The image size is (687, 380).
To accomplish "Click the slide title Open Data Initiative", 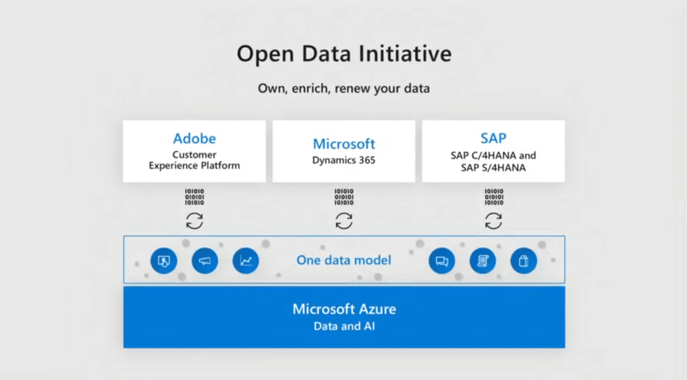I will pos(343,54).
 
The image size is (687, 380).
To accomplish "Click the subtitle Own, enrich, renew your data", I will pos(343,89).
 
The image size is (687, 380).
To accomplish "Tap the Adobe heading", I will pos(194,139).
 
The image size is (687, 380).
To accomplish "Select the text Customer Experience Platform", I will pos(194,160).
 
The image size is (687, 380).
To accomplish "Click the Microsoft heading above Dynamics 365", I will pos(343,144).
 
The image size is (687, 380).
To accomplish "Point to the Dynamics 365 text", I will pos(343,160).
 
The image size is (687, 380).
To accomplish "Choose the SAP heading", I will pos(493,139).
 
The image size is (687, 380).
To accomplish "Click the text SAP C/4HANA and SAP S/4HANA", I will pos(493,162).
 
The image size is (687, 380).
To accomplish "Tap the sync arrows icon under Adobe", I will pos(194,221).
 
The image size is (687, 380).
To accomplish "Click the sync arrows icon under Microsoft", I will pos(343,221).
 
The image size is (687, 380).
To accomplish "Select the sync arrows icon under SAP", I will pos(493,221).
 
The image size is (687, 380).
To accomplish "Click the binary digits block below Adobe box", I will pos(194,197).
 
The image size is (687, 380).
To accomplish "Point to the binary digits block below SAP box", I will pos(493,197).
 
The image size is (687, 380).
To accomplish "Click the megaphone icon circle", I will pos(205,261).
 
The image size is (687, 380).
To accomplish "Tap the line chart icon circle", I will pos(246,261).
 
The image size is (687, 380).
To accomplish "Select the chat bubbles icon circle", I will pos(442,261).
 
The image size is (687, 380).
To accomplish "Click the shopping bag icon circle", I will pos(524,261).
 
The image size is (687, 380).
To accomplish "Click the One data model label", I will pos(343,261).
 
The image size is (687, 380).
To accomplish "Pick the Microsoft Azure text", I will pos(344,309).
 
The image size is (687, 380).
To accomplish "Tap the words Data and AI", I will pos(344,326).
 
